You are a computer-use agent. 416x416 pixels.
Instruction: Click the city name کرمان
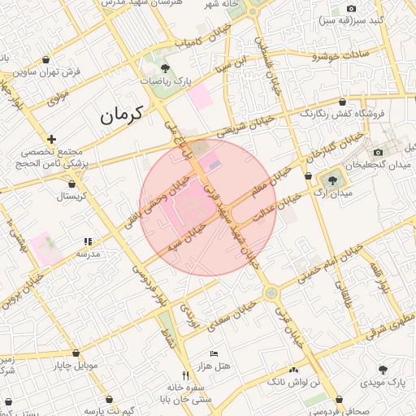[121, 114]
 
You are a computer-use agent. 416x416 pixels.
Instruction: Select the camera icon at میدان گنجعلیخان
[378, 152]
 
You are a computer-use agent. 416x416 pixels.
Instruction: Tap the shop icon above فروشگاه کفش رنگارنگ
[342, 102]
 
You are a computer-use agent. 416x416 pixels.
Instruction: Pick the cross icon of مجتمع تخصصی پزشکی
[52, 139]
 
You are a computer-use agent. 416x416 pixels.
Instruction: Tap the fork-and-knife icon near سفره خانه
[186, 375]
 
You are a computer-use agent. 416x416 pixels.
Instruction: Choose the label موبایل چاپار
[75, 366]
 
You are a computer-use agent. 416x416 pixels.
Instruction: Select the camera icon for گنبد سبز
[351, 8]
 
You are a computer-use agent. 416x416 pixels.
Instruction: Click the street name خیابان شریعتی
[241, 128]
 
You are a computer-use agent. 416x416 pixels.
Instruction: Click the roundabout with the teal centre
[271, 292]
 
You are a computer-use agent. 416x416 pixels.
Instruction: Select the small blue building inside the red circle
[214, 165]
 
